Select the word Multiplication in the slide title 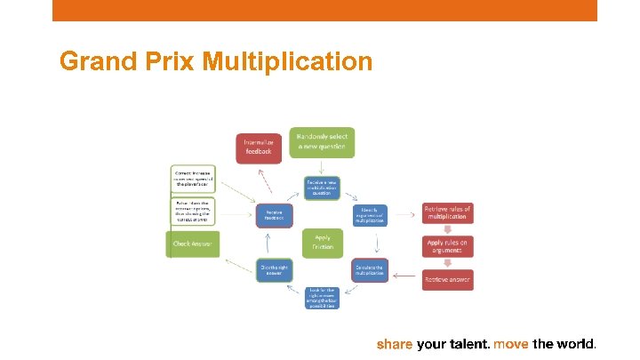pos(287,61)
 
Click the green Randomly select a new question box pos(321,142)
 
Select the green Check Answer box pos(193,244)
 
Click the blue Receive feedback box pos(274,214)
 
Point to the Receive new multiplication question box pos(322,188)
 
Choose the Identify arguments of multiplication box pos(369,214)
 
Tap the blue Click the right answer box pos(274,268)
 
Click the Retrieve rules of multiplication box pos(447,214)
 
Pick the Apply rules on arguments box pos(447,246)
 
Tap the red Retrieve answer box pos(447,279)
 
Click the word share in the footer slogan pos(395,343)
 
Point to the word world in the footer pos(574,343)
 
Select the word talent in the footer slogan pos(468,343)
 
